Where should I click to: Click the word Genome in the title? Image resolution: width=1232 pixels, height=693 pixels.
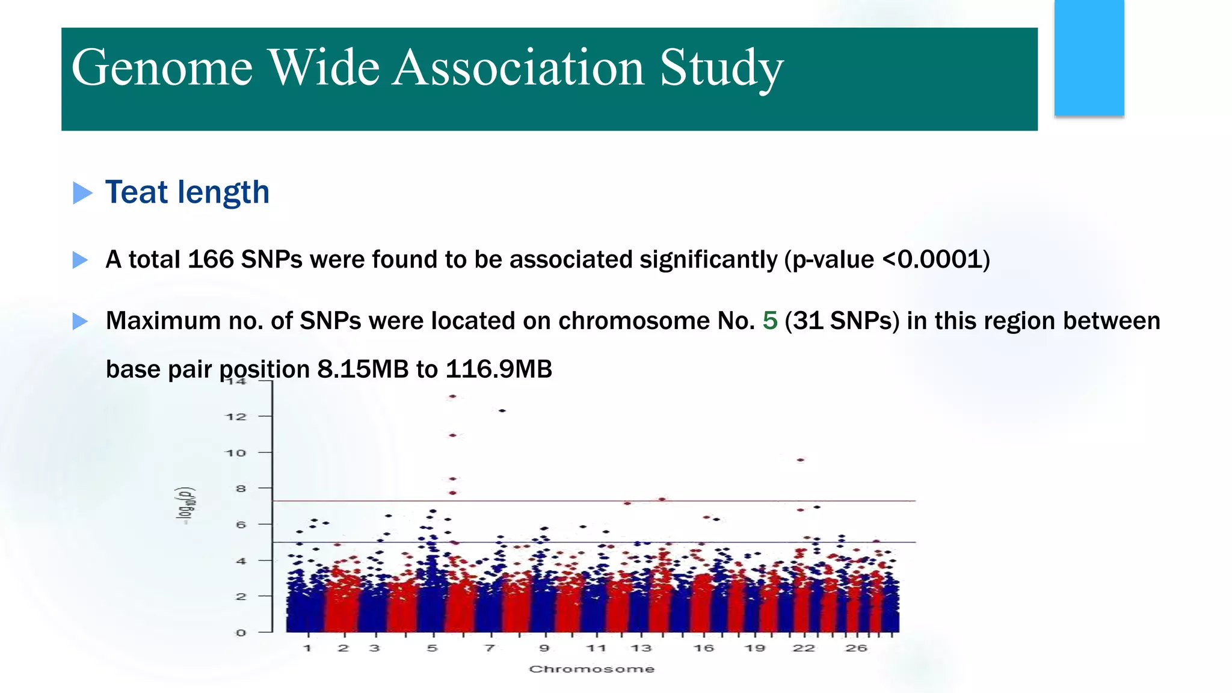point(162,68)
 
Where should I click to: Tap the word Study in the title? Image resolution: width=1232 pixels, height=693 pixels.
point(721,68)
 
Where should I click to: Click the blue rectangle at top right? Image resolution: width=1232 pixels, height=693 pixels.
point(1089,58)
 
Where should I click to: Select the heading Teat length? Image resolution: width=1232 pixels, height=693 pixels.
point(187,192)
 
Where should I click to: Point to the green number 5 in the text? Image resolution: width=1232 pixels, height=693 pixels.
point(769,321)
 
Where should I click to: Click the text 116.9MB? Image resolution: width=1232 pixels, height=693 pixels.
point(499,369)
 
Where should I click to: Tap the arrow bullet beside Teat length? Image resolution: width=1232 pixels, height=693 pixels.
point(82,193)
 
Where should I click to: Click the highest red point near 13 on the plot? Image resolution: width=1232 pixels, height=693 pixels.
point(452,396)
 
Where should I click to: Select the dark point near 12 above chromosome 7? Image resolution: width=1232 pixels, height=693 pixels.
point(502,411)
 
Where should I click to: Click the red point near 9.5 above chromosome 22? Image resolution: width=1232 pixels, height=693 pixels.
point(801,460)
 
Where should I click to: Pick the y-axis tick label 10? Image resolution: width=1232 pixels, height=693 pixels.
point(236,453)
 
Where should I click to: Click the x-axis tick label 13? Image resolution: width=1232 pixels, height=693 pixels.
point(641,648)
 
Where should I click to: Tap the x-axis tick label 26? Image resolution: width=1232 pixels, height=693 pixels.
point(855,648)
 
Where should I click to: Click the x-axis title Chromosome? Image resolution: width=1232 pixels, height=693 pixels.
point(591,669)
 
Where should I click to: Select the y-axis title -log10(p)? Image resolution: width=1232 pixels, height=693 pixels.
point(185,506)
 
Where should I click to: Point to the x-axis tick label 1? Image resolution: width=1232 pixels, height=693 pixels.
point(307,648)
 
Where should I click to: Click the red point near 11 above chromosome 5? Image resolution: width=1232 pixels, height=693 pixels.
point(453,435)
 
